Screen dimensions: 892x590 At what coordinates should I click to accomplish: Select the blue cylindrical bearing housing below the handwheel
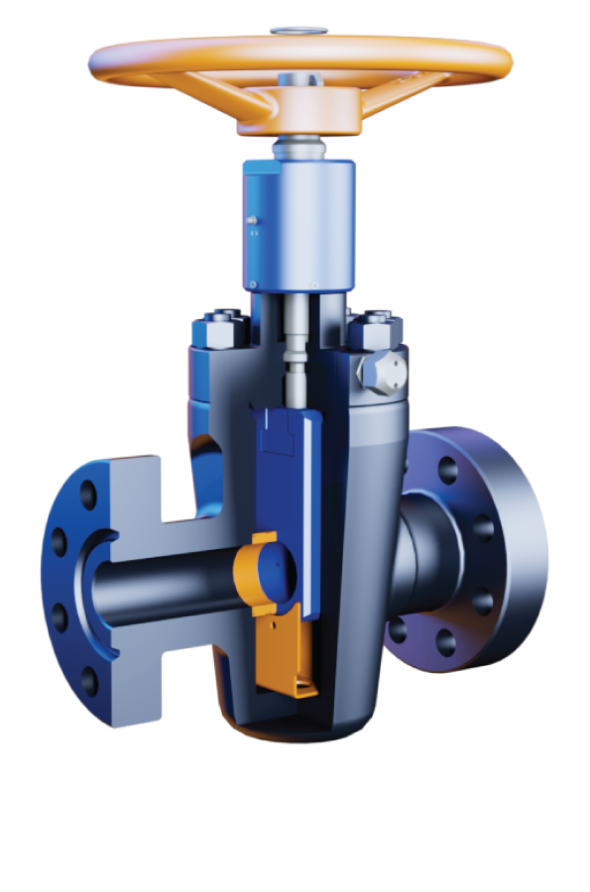tap(298, 225)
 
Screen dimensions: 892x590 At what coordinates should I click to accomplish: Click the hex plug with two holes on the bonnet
tap(382, 374)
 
